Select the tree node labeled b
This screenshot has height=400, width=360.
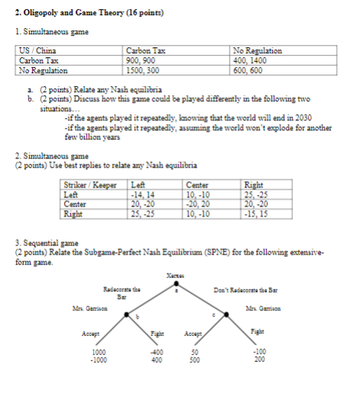pyautogui.click(x=137, y=316)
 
